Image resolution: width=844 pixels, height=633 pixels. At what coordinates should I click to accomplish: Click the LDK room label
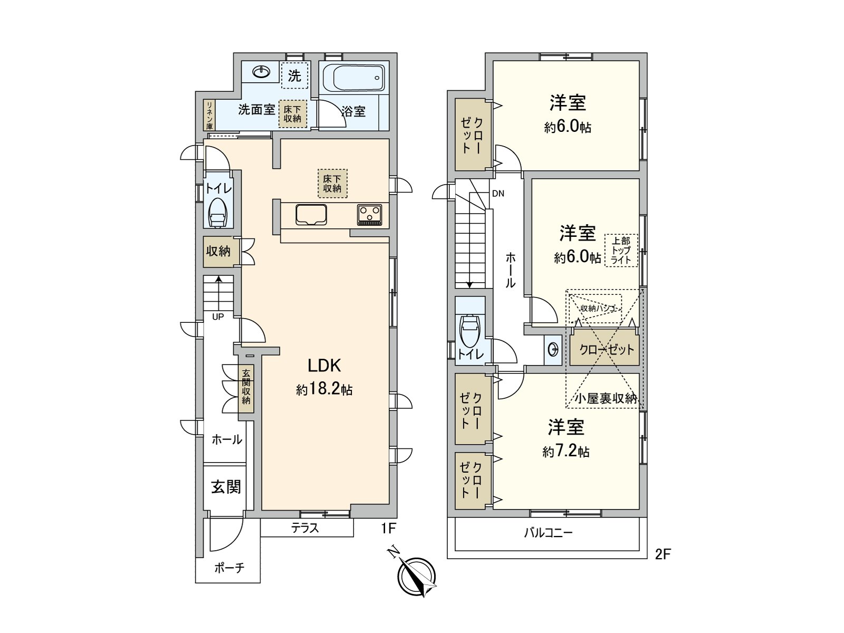(x=324, y=365)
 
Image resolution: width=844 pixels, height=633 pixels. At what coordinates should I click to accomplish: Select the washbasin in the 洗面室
(x=261, y=72)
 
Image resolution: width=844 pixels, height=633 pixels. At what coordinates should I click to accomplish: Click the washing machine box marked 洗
(x=294, y=76)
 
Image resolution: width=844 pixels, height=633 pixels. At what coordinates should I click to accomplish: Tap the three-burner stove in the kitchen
(x=369, y=214)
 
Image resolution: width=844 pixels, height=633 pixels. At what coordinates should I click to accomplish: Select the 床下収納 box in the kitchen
(x=332, y=183)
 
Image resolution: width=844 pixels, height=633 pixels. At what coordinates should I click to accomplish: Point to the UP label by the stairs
(x=218, y=316)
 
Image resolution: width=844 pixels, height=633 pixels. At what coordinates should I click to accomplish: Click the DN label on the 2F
(x=498, y=194)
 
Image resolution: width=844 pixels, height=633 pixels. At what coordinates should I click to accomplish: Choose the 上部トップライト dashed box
(x=621, y=251)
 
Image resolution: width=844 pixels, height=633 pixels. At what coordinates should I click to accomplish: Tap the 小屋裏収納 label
(x=606, y=399)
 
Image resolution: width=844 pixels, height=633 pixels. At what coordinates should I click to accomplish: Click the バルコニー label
(x=548, y=533)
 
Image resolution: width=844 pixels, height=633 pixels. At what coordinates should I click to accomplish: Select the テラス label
(x=305, y=528)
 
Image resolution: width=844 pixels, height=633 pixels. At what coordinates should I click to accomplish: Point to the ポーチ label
(x=229, y=568)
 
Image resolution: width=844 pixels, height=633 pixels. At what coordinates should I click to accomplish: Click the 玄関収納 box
(x=246, y=387)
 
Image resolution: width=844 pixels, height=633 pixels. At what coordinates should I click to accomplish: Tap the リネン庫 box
(x=209, y=115)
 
